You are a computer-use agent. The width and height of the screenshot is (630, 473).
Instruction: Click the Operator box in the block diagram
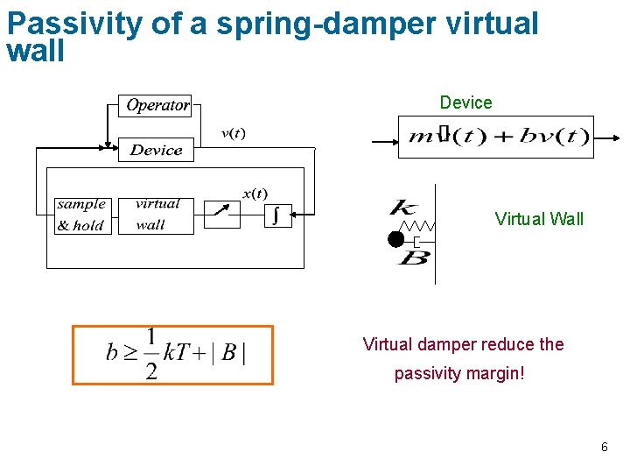coord(157,105)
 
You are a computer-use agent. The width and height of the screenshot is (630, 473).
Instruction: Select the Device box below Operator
coord(156,150)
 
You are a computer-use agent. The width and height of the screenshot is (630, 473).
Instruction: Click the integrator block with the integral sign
coord(277,215)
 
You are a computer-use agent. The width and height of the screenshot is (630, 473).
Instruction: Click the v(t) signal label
coord(233,133)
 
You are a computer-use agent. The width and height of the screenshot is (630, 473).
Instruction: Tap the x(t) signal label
coord(255,193)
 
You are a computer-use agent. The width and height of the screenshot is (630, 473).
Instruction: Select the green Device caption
coord(465,102)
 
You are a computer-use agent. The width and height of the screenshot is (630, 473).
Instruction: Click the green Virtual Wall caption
coord(539,219)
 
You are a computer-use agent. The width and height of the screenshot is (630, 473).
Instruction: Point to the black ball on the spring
coord(396,238)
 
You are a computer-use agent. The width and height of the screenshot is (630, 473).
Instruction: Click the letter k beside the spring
coord(403,208)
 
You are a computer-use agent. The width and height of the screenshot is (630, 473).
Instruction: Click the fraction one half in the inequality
coord(151,354)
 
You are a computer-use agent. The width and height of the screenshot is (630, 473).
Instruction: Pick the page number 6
coord(604,448)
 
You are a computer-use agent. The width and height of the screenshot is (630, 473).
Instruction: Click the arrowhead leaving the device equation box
coord(617,138)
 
